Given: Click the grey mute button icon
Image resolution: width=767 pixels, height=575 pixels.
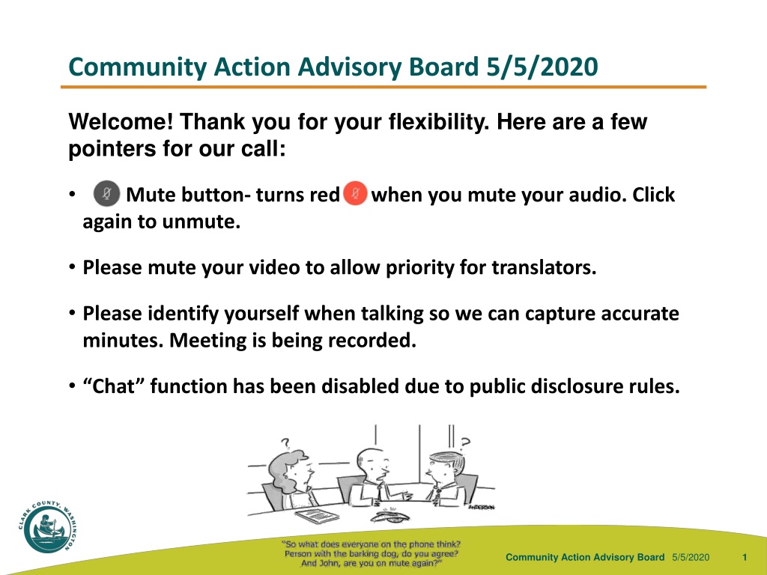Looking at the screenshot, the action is (x=106, y=194).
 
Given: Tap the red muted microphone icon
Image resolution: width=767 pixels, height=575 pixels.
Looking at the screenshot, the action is (x=356, y=193).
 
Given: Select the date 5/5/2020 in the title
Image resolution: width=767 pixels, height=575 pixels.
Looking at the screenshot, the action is (x=542, y=67).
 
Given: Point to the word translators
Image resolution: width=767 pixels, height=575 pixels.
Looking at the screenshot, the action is (x=544, y=267).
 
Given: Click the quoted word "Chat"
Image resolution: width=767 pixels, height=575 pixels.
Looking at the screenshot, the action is (x=114, y=386).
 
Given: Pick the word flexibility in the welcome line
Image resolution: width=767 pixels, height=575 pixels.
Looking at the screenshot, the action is (x=439, y=122).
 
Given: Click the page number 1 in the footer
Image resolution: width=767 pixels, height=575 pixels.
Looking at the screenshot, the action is (x=745, y=557).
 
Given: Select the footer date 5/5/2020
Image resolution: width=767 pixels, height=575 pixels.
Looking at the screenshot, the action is (x=691, y=557).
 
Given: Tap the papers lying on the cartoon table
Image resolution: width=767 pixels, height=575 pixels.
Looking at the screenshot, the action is (x=317, y=515).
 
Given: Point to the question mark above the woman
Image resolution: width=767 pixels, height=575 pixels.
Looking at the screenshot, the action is (x=285, y=443).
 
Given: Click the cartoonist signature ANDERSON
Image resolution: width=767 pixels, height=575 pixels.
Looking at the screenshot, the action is (x=482, y=507).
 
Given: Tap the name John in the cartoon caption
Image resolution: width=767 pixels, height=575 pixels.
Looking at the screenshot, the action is (x=330, y=563).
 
